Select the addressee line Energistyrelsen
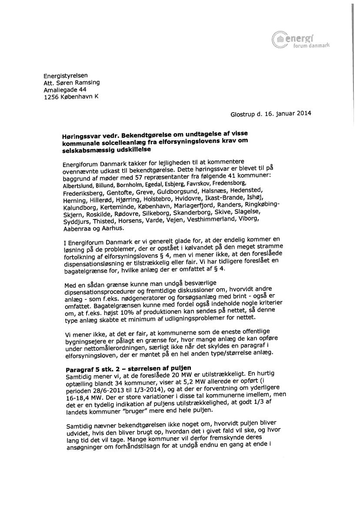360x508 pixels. click(x=66, y=76)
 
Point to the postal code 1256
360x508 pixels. click(x=51, y=97)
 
